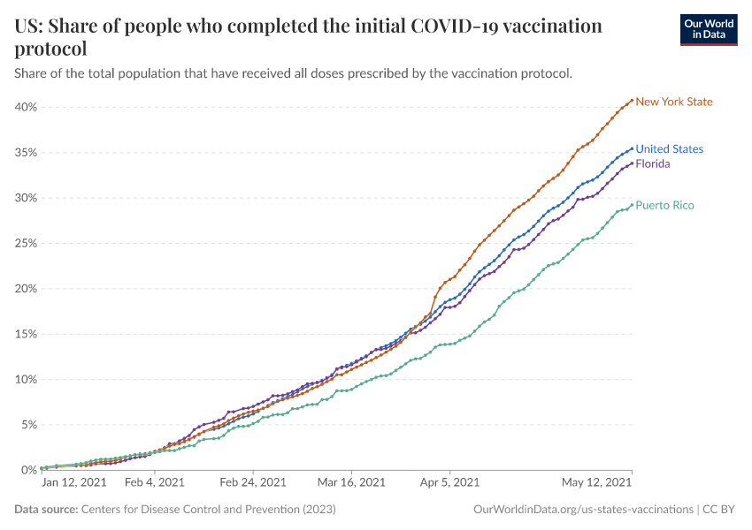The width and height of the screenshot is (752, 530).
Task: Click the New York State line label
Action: (x=674, y=102)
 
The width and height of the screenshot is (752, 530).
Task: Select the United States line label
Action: (x=670, y=149)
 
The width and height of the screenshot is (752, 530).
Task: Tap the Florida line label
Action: (x=653, y=163)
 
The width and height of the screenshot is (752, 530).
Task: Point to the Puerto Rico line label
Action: (x=664, y=205)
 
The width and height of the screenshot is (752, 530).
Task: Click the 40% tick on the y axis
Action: (x=25, y=107)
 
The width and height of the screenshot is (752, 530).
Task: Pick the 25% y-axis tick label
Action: (x=25, y=243)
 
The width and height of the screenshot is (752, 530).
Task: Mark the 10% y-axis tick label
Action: (x=25, y=379)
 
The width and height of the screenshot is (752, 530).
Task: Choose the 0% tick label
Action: (x=28, y=470)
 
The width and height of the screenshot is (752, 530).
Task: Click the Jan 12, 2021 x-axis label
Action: (x=74, y=483)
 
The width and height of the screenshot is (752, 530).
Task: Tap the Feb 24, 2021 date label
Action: (x=253, y=483)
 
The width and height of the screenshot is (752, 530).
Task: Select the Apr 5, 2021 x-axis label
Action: (x=449, y=483)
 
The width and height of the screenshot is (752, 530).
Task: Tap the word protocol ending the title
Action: (x=50, y=49)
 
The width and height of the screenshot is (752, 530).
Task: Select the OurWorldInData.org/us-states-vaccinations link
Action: (x=584, y=510)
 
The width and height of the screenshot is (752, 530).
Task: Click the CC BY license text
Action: (x=721, y=510)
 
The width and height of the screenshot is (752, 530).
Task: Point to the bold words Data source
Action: (x=46, y=510)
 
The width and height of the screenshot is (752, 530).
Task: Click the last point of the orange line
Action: (x=632, y=100)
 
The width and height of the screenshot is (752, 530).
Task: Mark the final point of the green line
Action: (x=632, y=205)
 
